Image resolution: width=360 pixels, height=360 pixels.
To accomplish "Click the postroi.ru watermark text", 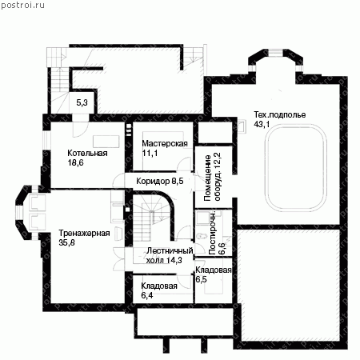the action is pyautogui.click(x=23, y=6).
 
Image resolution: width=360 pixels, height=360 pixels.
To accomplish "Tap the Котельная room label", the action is pyautogui.click(x=87, y=153).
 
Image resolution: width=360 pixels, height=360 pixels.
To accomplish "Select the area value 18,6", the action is pyautogui.click(x=75, y=162).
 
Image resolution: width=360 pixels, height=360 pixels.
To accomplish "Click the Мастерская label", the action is pyautogui.click(x=165, y=143).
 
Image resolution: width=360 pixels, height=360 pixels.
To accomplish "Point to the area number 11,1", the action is pyautogui.click(x=150, y=153).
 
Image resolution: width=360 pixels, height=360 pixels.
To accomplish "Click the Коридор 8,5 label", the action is pyautogui.click(x=160, y=182).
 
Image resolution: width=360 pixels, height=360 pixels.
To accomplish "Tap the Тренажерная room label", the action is pyautogui.click(x=84, y=233).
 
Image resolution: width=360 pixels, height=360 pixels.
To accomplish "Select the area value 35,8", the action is pyautogui.click(x=66, y=242).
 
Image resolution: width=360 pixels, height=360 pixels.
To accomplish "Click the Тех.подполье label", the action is pyautogui.click(x=280, y=114).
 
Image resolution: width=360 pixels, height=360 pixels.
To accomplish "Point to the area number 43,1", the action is pyautogui.click(x=262, y=124).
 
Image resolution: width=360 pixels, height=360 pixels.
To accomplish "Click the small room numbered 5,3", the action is pyautogui.click(x=82, y=102).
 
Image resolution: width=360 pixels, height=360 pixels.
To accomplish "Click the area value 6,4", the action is pyautogui.click(x=147, y=295).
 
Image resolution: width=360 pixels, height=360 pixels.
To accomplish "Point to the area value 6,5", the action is pyautogui.click(x=202, y=279).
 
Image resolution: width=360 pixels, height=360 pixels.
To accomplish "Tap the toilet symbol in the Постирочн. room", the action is pyautogui.click(x=203, y=236).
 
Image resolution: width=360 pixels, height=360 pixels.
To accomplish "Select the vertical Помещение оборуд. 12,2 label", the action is pyautogui.click(x=213, y=178).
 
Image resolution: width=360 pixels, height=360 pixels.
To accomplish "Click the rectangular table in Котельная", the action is pyautogui.click(x=106, y=141).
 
